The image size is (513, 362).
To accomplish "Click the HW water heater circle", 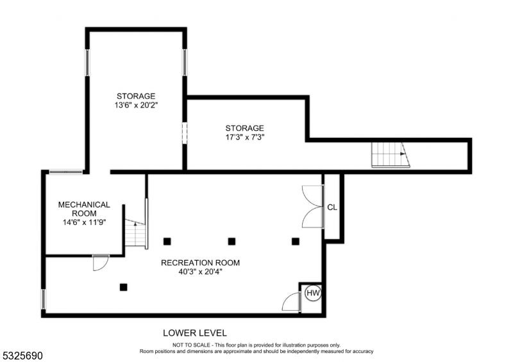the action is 313,293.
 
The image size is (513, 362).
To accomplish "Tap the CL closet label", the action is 332,208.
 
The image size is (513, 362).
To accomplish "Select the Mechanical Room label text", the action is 84,209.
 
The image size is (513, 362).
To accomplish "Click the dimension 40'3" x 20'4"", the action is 200,272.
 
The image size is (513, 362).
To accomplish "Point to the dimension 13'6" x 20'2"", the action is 136,105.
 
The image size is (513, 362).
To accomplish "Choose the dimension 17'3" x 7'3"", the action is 245,136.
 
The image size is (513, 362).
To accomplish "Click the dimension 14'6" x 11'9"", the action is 85,222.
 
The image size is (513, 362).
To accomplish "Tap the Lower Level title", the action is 195,333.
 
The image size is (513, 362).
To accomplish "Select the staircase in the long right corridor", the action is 391,154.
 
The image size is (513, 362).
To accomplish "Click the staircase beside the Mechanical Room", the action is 135,233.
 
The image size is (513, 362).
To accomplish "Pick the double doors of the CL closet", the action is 312,207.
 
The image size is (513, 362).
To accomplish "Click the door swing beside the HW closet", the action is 291,302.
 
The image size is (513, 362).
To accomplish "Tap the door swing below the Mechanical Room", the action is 101,263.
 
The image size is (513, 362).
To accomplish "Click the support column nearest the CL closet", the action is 296,242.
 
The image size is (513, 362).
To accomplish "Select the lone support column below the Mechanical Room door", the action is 123,287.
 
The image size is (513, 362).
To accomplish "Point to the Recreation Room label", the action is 200,263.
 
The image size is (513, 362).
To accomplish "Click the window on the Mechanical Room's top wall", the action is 66,172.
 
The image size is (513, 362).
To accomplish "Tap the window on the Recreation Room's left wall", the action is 43,299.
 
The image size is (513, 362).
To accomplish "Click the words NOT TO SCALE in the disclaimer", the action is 192,345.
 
